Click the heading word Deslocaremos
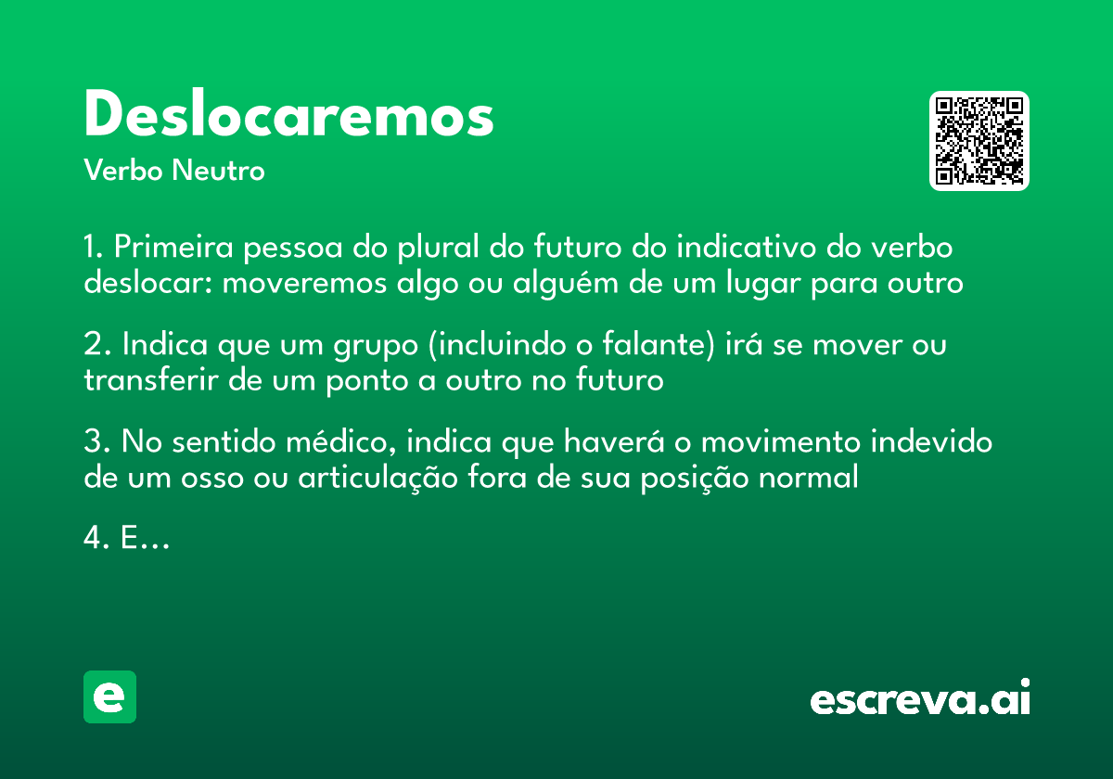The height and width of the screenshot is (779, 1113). click(x=288, y=117)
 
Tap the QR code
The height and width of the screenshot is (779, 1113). click(x=979, y=141)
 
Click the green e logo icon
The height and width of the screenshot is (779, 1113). click(x=109, y=696)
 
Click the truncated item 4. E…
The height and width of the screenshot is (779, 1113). click(x=127, y=539)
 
